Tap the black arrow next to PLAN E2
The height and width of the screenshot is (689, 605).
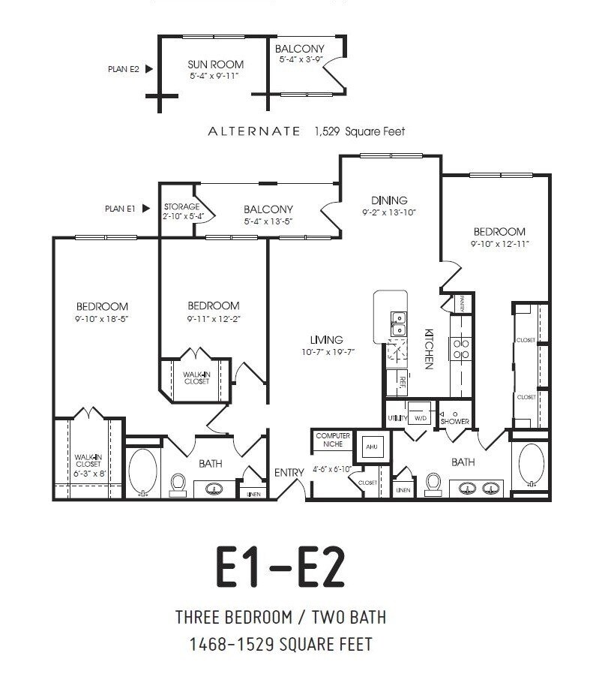148,69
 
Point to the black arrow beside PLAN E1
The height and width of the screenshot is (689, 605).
148,209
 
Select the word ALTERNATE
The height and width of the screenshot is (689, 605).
253,131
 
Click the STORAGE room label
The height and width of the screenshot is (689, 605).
181,206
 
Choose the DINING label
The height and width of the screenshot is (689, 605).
389,200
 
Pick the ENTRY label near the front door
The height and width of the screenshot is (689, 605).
289,472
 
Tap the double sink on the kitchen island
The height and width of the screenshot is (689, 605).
398,323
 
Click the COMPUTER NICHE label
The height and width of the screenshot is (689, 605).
333,440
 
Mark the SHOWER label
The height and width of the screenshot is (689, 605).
454,421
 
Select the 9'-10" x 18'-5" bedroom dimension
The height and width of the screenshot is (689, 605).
102,318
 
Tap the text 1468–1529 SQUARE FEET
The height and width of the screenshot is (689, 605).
280,644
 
